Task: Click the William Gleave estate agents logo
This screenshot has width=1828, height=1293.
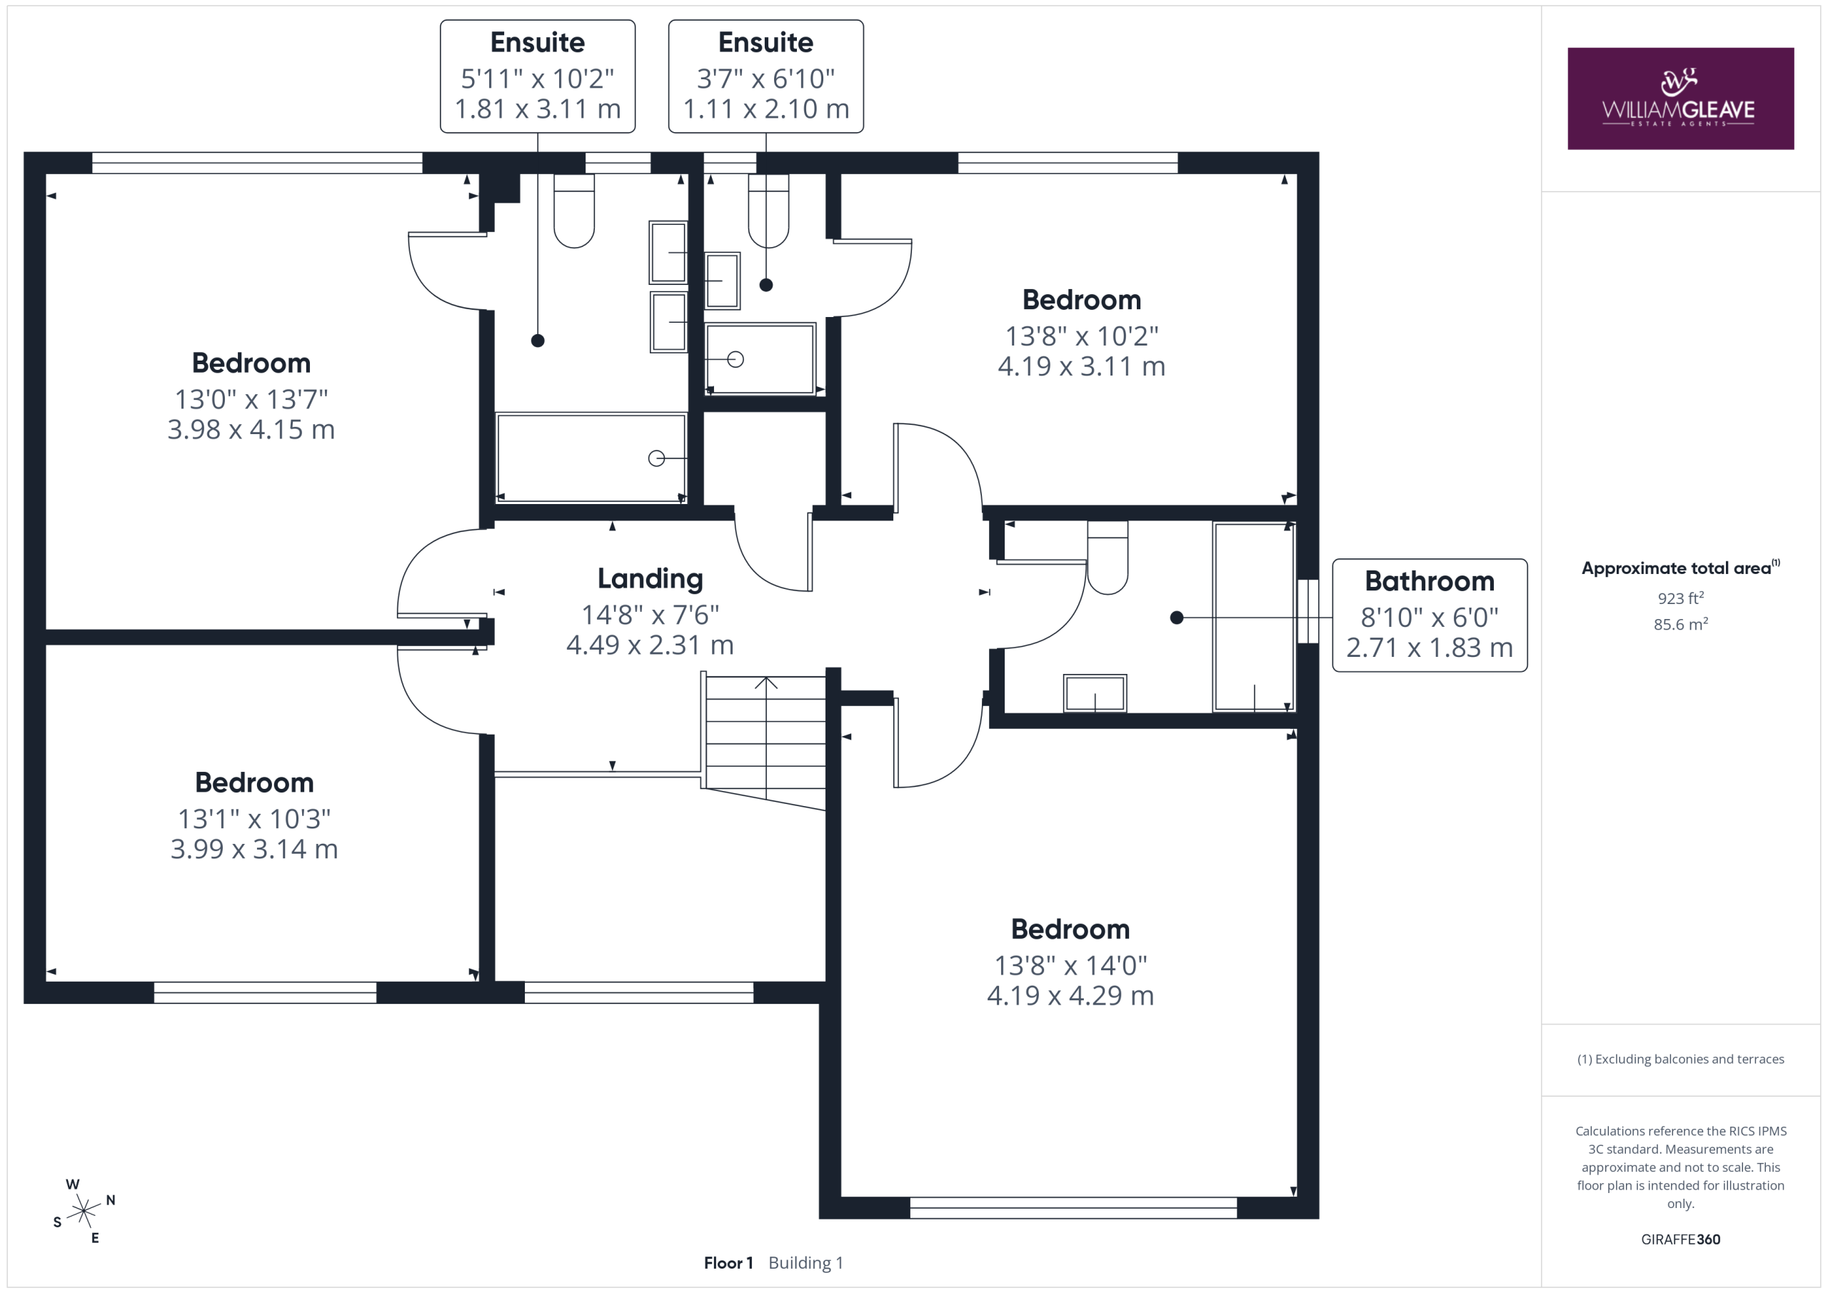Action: click(x=1680, y=98)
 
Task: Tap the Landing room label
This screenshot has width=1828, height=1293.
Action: click(x=650, y=579)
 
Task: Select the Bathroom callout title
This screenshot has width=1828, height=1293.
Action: click(x=1429, y=581)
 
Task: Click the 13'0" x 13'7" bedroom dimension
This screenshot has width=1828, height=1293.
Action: click(x=251, y=398)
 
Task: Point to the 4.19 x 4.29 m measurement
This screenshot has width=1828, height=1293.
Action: click(x=1070, y=995)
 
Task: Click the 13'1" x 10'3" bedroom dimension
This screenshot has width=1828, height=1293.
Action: click(x=254, y=817)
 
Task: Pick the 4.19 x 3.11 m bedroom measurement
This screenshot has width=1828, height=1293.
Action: click(x=1081, y=366)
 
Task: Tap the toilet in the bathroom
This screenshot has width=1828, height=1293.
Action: click(x=1108, y=558)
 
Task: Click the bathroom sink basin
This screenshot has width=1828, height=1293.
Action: click(x=1095, y=693)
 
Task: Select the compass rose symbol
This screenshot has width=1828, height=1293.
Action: click(x=84, y=1211)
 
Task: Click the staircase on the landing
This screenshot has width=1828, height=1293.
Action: click(x=763, y=741)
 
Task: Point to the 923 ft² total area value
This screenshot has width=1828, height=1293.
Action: click(x=1681, y=597)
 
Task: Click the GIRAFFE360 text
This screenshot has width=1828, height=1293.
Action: click(x=1680, y=1239)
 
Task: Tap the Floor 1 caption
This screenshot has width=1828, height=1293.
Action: click(x=728, y=1263)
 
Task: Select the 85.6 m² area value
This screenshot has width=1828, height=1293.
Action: click(x=1681, y=624)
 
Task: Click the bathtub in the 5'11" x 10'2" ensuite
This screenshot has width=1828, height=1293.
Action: click(x=591, y=457)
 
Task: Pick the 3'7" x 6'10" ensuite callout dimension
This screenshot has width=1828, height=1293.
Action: click(x=766, y=78)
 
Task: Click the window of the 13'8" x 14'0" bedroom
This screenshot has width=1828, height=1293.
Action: click(x=1073, y=1207)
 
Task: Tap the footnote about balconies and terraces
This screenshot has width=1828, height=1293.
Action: click(x=1680, y=1059)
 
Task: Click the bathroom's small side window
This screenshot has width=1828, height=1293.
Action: click(x=1307, y=610)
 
